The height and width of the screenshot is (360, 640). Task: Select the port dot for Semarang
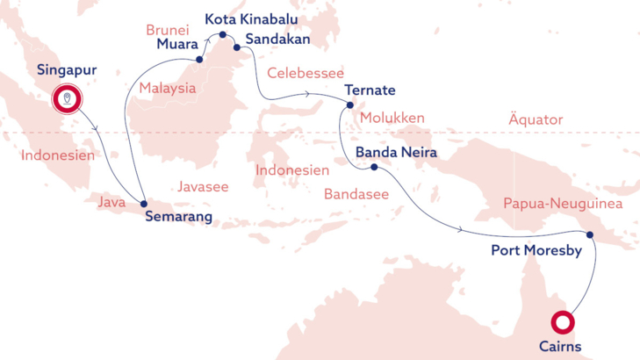pos(143,204)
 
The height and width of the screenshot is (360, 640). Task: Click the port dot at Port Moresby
pos(590,234)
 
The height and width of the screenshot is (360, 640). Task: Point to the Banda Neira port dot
pos(374,167)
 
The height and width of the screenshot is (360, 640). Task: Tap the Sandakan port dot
pos(237,47)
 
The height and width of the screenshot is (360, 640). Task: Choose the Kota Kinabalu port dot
pos(223,35)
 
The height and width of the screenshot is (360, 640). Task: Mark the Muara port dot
pos(200,60)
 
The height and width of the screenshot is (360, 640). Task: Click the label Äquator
pos(536,119)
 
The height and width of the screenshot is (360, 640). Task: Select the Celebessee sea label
pos(306,73)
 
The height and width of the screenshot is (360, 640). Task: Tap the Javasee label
pos(203,187)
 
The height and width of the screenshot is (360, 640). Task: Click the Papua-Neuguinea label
pos(563,204)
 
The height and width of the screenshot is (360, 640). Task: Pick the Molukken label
pos(392,118)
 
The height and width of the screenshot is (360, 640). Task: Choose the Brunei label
pos(168,30)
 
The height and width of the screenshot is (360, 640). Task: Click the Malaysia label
pos(167,88)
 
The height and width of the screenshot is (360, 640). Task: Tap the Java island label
pos(111,203)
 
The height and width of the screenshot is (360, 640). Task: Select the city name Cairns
pos(560,347)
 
